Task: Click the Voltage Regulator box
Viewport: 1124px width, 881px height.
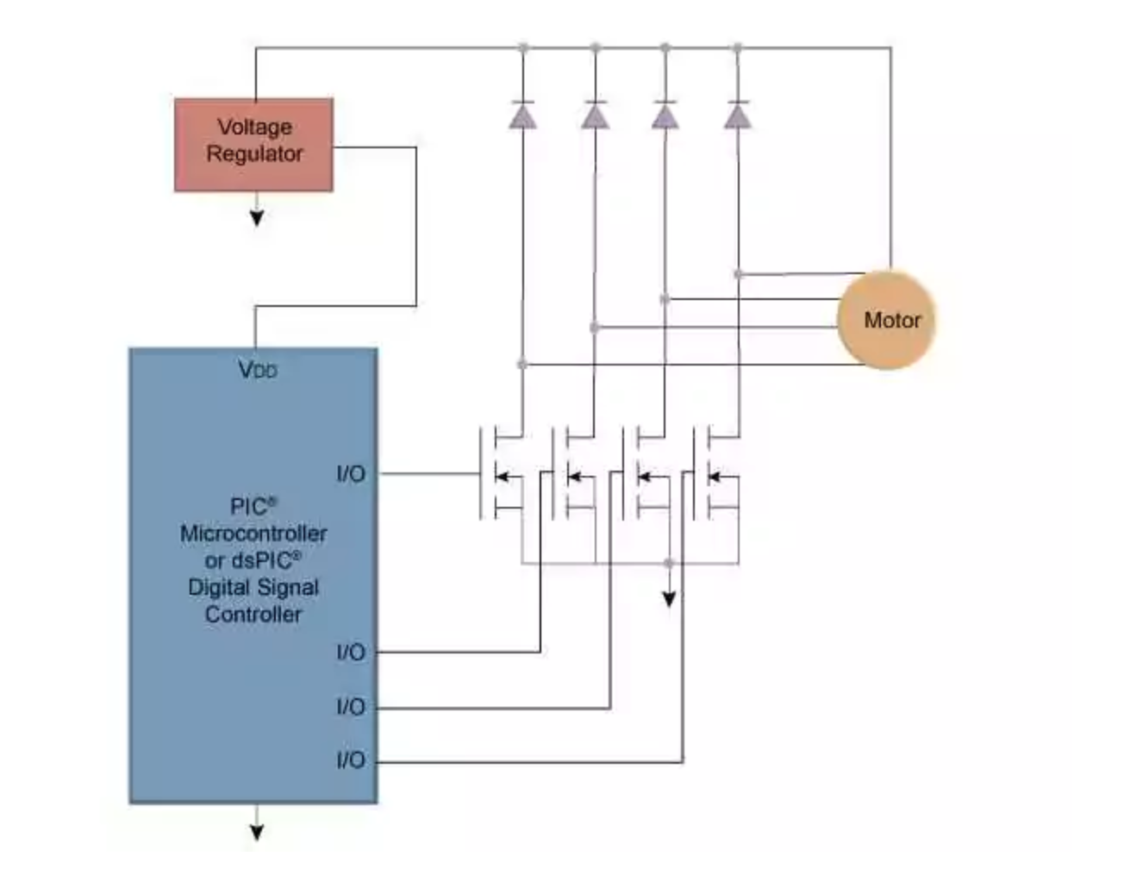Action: [x=253, y=144]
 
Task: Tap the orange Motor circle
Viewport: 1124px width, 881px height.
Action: [x=887, y=321]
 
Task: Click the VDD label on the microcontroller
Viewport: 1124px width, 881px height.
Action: [x=257, y=370]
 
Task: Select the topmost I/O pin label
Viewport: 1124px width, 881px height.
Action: [x=351, y=473]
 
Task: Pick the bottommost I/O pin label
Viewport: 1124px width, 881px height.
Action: [x=351, y=759]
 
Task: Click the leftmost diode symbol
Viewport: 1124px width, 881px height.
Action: [x=522, y=115]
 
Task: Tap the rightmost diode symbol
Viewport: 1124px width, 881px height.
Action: [x=737, y=115]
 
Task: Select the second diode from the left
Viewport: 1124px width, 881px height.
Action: [x=595, y=115]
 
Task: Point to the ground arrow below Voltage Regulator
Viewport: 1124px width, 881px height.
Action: [x=256, y=217]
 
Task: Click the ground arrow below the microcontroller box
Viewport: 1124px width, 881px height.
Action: [x=256, y=831]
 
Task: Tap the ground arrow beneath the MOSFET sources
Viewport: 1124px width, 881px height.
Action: [x=669, y=597]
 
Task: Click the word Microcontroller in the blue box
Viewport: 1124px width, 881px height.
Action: [x=253, y=533]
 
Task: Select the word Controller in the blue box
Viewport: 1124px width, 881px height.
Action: [x=253, y=614]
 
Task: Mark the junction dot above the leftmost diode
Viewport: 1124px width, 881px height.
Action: [x=522, y=47]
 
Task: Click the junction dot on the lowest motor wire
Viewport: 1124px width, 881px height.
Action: [x=522, y=365]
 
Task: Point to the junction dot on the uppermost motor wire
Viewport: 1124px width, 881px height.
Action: [x=738, y=274]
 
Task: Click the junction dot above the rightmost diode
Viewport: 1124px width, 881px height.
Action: [x=737, y=47]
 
